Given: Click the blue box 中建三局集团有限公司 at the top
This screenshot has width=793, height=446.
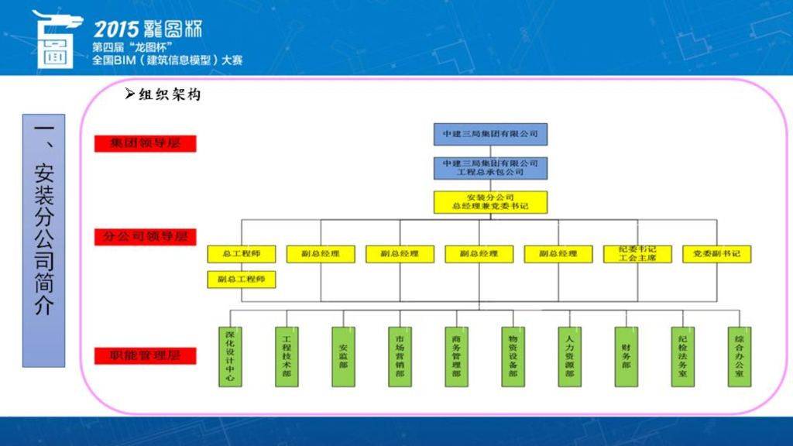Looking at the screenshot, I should click(490, 134).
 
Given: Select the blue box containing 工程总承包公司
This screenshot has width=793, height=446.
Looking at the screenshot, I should click(490, 168).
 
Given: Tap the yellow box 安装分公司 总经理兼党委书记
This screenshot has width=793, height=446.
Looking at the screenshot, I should click(490, 202).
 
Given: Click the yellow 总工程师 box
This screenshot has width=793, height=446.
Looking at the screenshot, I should click(241, 254).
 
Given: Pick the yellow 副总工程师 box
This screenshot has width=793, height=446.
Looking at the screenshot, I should click(241, 280).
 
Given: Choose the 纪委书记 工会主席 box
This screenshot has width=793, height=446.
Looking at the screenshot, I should click(637, 254).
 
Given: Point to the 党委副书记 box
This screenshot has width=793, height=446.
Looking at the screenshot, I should click(716, 254).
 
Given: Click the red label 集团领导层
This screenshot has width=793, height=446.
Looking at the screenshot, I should click(145, 143).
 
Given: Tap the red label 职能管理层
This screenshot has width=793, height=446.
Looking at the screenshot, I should click(145, 356).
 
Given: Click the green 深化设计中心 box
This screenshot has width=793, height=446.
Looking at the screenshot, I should click(230, 356).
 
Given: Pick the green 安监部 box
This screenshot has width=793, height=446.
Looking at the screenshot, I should click(343, 356).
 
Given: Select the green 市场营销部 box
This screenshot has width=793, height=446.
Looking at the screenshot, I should click(400, 356).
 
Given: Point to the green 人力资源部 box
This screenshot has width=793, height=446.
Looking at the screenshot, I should click(569, 356).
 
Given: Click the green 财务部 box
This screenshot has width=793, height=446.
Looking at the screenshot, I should click(626, 356).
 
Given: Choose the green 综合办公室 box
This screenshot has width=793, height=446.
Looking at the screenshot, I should click(740, 356).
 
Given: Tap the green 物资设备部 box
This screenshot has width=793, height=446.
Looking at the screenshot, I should click(513, 356).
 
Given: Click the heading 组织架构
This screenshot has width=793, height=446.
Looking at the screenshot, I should click(169, 95).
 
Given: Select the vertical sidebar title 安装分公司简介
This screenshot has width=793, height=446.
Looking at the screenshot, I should click(44, 240).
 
